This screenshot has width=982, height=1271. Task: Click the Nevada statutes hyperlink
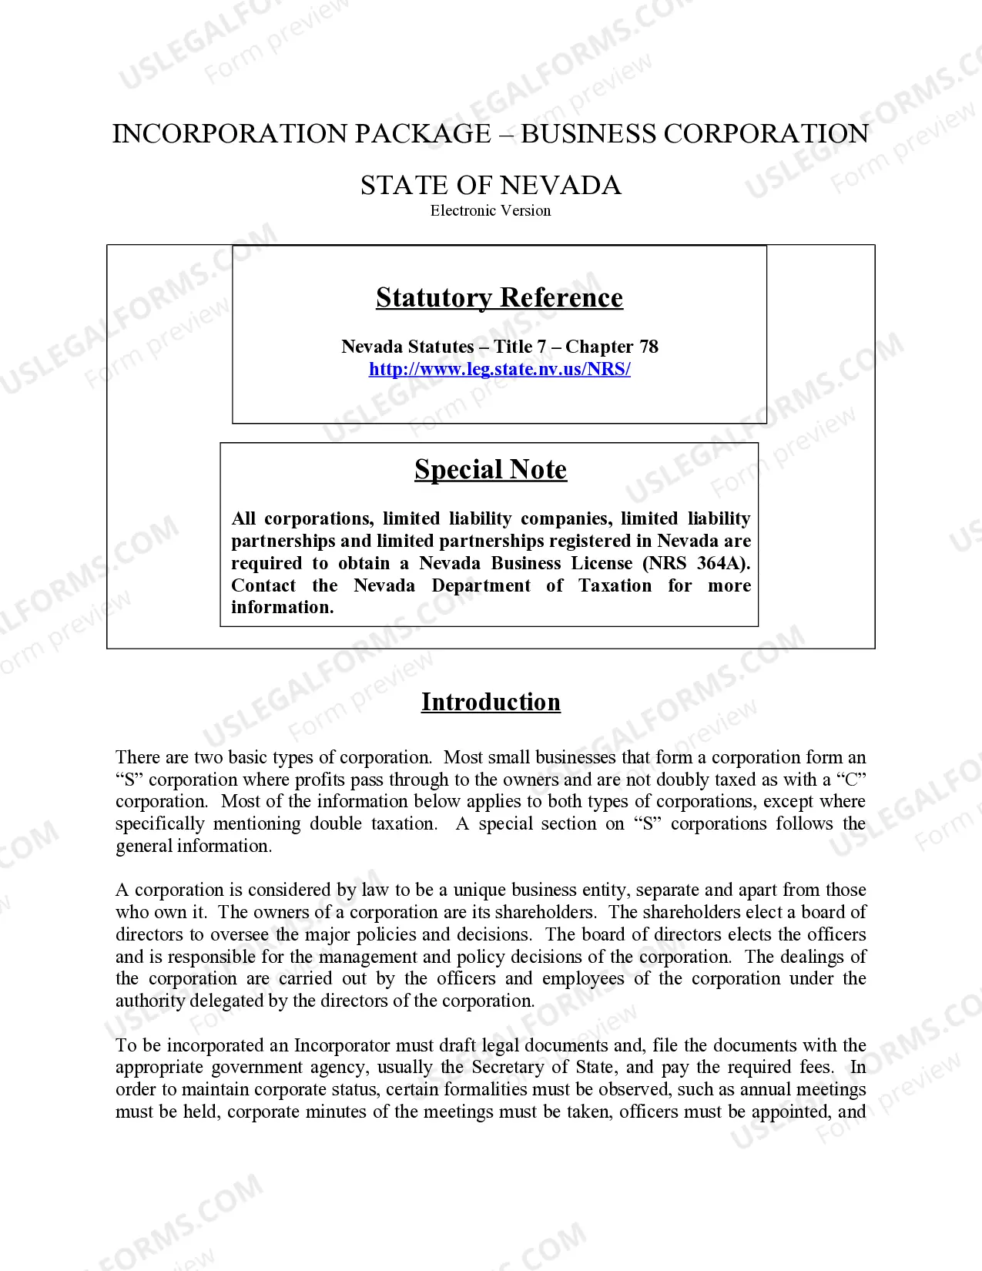click(499, 369)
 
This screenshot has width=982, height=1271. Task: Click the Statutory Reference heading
click(499, 297)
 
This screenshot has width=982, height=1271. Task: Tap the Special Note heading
click(491, 469)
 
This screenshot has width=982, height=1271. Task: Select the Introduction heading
click(491, 702)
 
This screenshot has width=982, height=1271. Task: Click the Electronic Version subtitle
click(491, 210)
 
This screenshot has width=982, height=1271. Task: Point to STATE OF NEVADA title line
click(491, 185)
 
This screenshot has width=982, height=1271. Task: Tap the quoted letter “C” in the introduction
click(850, 780)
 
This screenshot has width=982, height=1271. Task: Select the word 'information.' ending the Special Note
click(282, 607)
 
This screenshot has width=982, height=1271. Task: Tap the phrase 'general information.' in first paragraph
click(193, 846)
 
